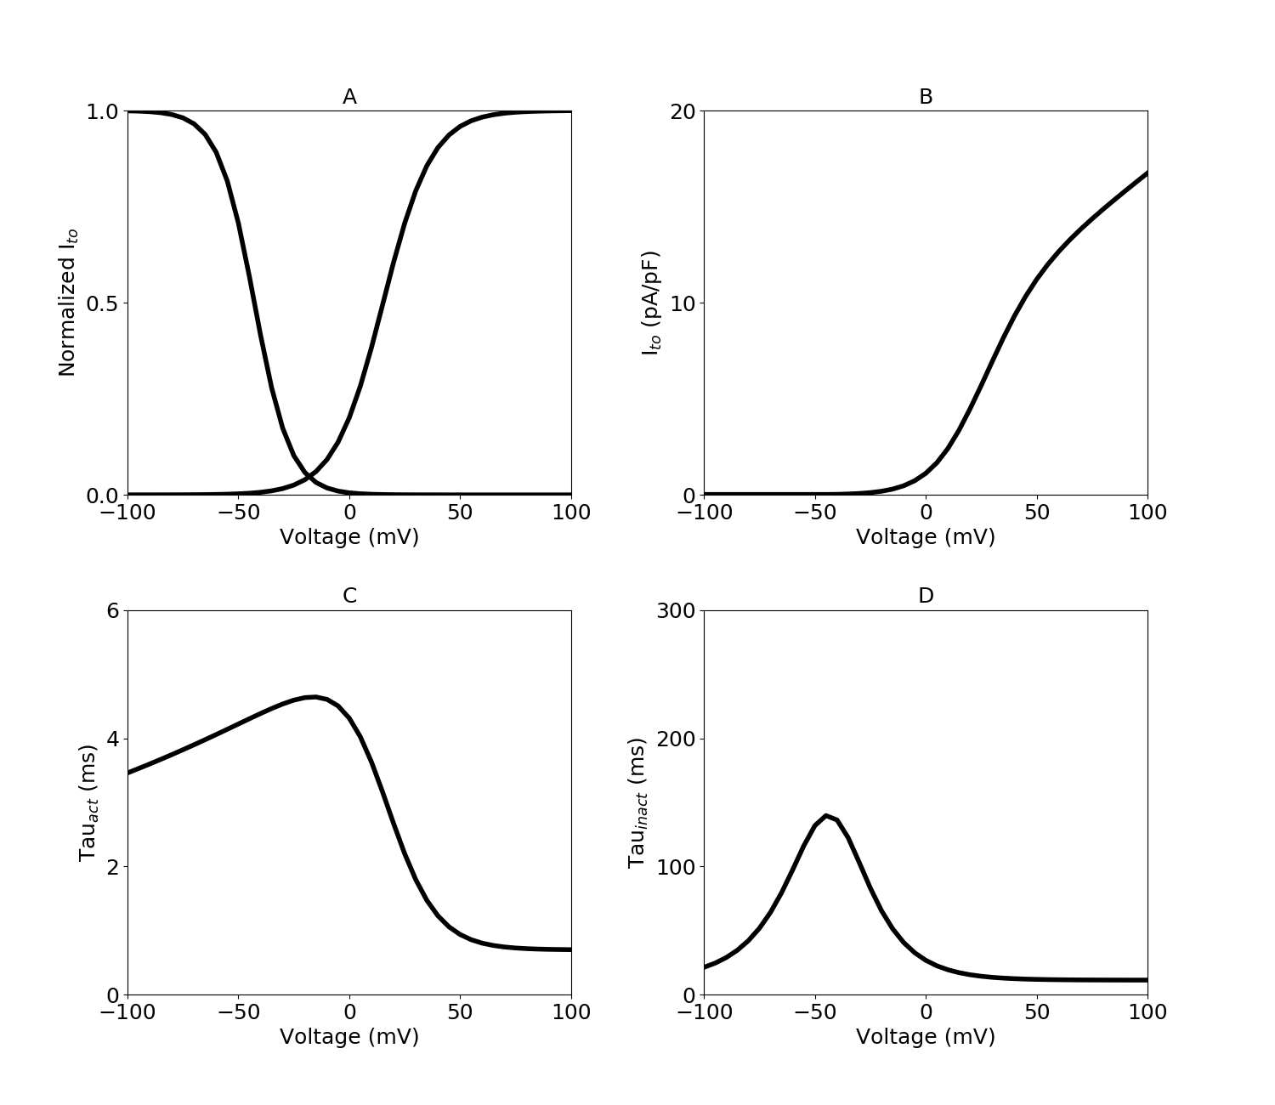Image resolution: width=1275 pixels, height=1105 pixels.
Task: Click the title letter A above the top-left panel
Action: point(349,97)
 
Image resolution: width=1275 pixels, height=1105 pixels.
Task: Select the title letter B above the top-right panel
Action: point(926,97)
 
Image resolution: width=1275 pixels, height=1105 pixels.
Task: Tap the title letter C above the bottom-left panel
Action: point(349,596)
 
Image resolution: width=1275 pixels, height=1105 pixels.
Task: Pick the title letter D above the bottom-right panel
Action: point(926,596)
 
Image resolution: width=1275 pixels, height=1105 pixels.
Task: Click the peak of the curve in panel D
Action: point(825,816)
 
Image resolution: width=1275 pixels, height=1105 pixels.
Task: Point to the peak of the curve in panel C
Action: point(314,697)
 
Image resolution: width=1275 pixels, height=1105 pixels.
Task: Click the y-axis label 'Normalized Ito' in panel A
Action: point(68,303)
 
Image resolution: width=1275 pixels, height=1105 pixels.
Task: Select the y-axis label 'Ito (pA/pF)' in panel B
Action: point(651,303)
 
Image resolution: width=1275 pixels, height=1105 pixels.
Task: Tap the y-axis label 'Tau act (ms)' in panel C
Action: point(88,802)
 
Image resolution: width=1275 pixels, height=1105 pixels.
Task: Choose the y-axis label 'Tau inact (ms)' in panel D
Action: point(637,802)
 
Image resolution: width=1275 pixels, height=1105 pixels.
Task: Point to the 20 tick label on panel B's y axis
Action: point(682,111)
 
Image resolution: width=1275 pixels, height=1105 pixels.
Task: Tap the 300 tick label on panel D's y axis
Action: point(676,610)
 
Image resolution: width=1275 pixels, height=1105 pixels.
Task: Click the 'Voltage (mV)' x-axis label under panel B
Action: point(926,537)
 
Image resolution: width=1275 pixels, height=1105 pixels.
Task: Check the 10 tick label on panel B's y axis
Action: point(682,303)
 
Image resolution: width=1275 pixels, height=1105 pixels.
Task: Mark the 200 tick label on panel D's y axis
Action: point(676,739)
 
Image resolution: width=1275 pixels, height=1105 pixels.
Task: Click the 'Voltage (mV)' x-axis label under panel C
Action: point(349,1037)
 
